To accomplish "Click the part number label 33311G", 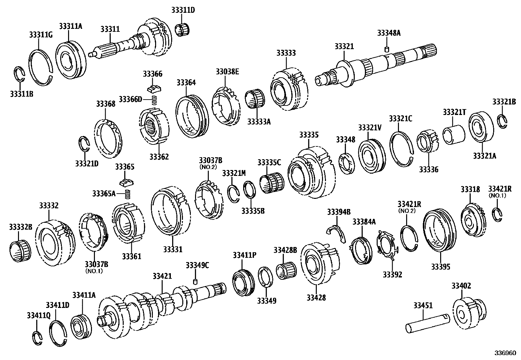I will pyautogui.click(x=41, y=35).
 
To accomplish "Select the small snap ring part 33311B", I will pyautogui.click(x=19, y=75).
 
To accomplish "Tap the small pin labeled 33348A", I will pyautogui.click(x=386, y=49).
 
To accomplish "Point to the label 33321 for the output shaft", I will pyautogui.click(x=344, y=46).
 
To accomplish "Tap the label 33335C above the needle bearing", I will pyautogui.click(x=269, y=162).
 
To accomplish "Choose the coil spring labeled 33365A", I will pyautogui.click(x=128, y=194).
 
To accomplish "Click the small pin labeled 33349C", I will pyautogui.click(x=196, y=281).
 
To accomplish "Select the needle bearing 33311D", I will pyautogui.click(x=183, y=30).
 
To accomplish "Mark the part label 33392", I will pyautogui.click(x=392, y=275).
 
